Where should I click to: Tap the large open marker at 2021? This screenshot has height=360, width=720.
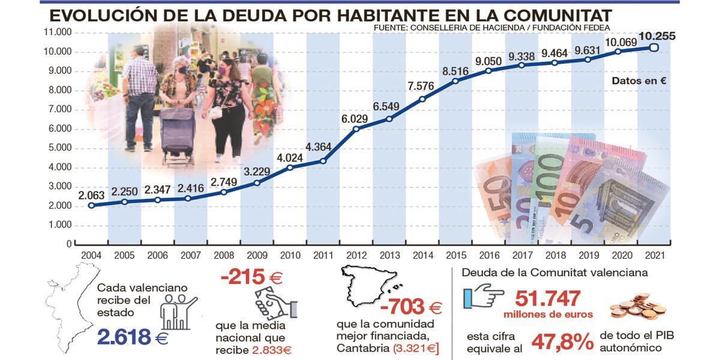click(x=655, y=48)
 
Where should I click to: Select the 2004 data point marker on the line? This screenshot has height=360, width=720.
click(x=91, y=205)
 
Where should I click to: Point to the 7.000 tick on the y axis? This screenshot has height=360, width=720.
click(x=58, y=109)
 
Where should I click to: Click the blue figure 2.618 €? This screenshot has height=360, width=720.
click(x=132, y=337)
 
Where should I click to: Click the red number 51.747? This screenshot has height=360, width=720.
click(x=548, y=298)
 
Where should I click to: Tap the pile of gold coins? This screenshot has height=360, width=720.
click(x=638, y=306)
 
